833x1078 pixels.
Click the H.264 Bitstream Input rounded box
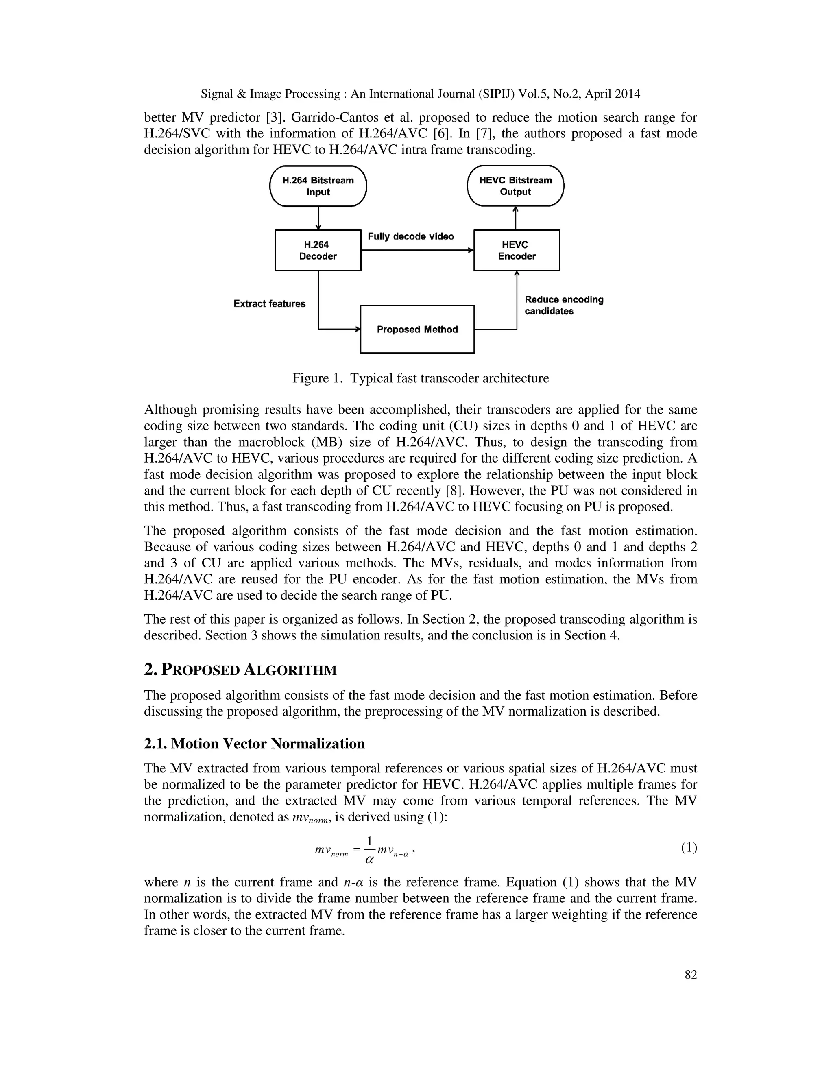point(318,186)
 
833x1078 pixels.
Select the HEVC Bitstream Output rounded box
point(515,186)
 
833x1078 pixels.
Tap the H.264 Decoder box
point(318,250)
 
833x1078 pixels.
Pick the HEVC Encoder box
point(516,250)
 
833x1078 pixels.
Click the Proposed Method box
point(417,329)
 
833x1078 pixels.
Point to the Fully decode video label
point(410,236)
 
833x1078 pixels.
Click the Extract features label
point(269,303)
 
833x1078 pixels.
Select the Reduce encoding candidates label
point(564,305)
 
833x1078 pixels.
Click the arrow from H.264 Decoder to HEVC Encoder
point(417,250)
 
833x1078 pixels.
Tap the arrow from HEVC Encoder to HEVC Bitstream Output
point(516,218)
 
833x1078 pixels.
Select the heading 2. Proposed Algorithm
point(240,670)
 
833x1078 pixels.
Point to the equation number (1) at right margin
point(689,848)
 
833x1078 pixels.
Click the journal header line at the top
point(421,94)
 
